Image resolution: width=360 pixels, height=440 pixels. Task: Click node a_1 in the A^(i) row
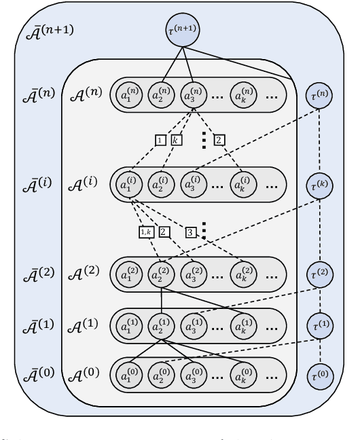[x=130, y=185]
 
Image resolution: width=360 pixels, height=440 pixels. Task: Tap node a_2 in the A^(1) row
[x=162, y=323]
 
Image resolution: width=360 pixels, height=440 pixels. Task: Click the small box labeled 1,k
[x=146, y=232]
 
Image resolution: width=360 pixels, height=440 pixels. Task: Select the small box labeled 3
[x=191, y=232]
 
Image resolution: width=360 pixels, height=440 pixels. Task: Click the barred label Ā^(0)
[x=38, y=373]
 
